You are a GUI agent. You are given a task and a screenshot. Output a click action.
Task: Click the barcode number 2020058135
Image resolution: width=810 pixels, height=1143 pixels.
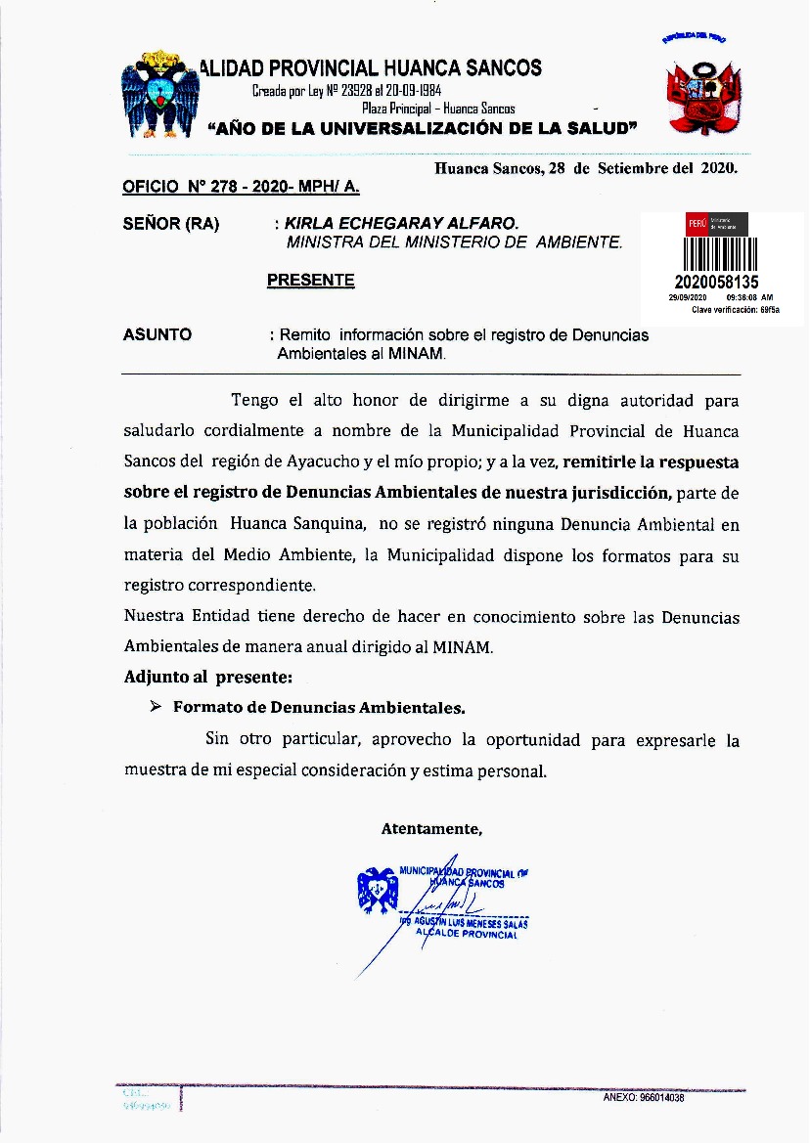coord(717,283)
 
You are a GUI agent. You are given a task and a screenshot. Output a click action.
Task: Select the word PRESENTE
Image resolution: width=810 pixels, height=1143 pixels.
coord(310,281)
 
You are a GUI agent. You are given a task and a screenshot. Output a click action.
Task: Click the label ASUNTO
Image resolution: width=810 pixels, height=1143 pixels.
coord(157,335)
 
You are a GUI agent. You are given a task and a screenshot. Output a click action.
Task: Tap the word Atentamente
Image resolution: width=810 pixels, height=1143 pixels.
coord(431,829)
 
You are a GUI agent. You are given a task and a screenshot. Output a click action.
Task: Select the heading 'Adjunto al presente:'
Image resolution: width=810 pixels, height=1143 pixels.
coord(208,676)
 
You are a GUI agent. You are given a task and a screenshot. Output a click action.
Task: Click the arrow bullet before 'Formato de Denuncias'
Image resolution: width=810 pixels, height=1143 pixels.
coord(155,706)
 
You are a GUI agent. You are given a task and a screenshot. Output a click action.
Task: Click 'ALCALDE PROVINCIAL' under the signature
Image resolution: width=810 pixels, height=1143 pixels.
coord(467,935)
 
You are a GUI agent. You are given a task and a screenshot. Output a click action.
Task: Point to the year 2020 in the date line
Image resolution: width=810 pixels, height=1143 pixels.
coord(718,167)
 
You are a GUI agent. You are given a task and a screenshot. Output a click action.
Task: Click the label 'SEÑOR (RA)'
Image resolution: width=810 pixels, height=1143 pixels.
coord(171,224)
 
